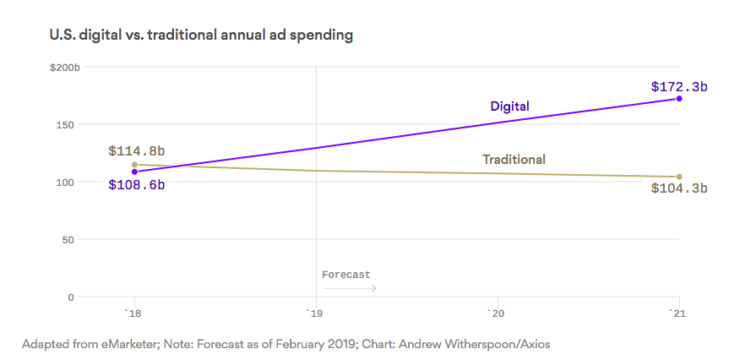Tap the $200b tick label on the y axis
pyautogui.click(x=64, y=67)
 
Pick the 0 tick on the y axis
pyautogui.click(x=71, y=297)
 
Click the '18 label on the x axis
pyautogui.click(x=133, y=314)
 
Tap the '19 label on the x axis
pyautogui.click(x=315, y=314)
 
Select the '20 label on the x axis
pyautogui.click(x=497, y=314)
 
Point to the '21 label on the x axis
pyautogui.click(x=678, y=314)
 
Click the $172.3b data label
pyautogui.click(x=679, y=86)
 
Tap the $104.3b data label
pyautogui.click(x=679, y=188)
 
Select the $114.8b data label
pyautogui.click(x=136, y=151)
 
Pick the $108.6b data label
pyautogui.click(x=136, y=184)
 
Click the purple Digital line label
pyautogui.click(x=509, y=106)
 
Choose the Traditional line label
pyautogui.click(x=514, y=159)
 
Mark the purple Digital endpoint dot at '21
pyautogui.click(x=679, y=99)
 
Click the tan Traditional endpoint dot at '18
pyautogui.click(x=134, y=165)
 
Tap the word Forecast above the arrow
pyautogui.click(x=346, y=275)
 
